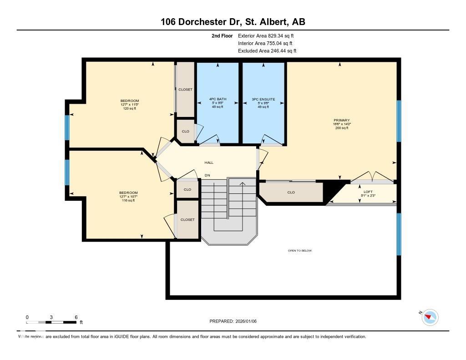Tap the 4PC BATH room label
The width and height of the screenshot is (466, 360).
click(x=218, y=99)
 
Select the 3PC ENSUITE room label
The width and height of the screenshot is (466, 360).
click(x=263, y=99)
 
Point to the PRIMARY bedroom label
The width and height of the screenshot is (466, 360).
click(x=341, y=121)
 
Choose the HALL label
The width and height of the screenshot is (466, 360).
click(x=208, y=162)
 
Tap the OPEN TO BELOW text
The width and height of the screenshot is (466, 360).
click(x=300, y=251)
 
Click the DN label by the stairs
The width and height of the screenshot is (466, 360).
click(x=207, y=175)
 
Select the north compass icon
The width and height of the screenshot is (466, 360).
click(x=430, y=317)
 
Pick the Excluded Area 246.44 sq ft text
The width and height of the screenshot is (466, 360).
click(x=267, y=51)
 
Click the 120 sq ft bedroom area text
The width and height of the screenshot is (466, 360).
click(x=130, y=108)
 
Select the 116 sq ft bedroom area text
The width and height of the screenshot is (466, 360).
click(x=128, y=200)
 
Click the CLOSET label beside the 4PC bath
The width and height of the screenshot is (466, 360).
click(x=185, y=90)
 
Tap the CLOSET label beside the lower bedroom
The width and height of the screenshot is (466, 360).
click(x=187, y=219)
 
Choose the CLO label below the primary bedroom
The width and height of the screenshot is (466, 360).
click(x=291, y=192)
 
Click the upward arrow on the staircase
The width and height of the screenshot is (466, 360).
click(x=243, y=184)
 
